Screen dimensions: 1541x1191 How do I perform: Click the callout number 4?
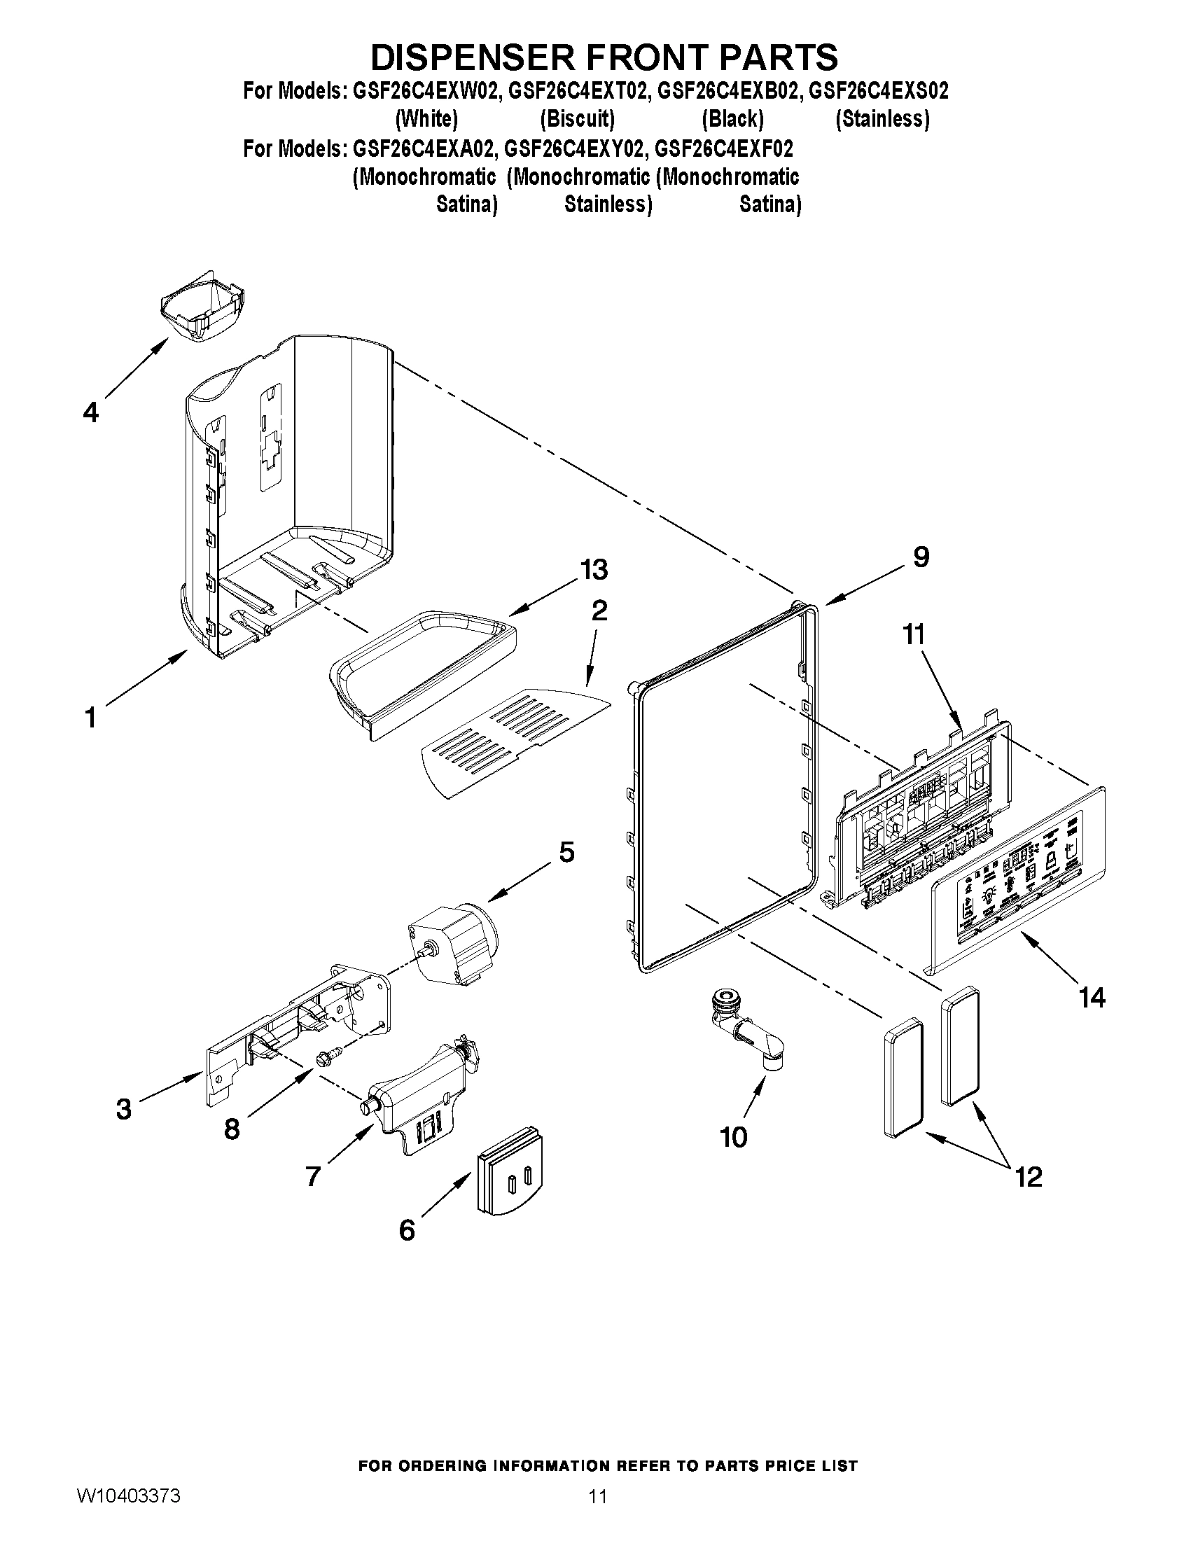(x=90, y=412)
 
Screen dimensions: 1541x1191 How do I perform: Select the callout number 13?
(x=594, y=569)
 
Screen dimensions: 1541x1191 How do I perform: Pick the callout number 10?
(x=734, y=1137)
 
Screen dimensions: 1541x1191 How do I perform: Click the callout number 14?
(x=1092, y=997)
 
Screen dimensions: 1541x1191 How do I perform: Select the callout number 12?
(x=1028, y=1176)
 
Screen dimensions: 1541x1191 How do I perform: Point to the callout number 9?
(x=921, y=557)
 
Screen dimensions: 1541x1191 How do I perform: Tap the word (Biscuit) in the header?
(x=577, y=118)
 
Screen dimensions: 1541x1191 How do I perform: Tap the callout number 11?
(x=914, y=634)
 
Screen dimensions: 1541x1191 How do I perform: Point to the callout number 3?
(x=123, y=1110)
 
